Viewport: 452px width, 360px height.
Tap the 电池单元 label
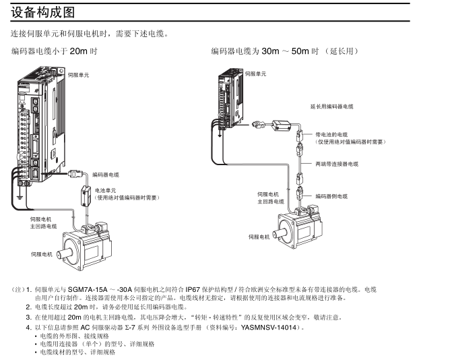(x=106, y=190)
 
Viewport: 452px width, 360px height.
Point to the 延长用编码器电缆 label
(x=331, y=107)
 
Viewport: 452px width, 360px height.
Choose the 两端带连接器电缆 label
(x=337, y=164)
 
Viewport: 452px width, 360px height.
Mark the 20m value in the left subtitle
(x=79, y=51)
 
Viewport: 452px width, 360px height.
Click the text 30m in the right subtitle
(x=270, y=51)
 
